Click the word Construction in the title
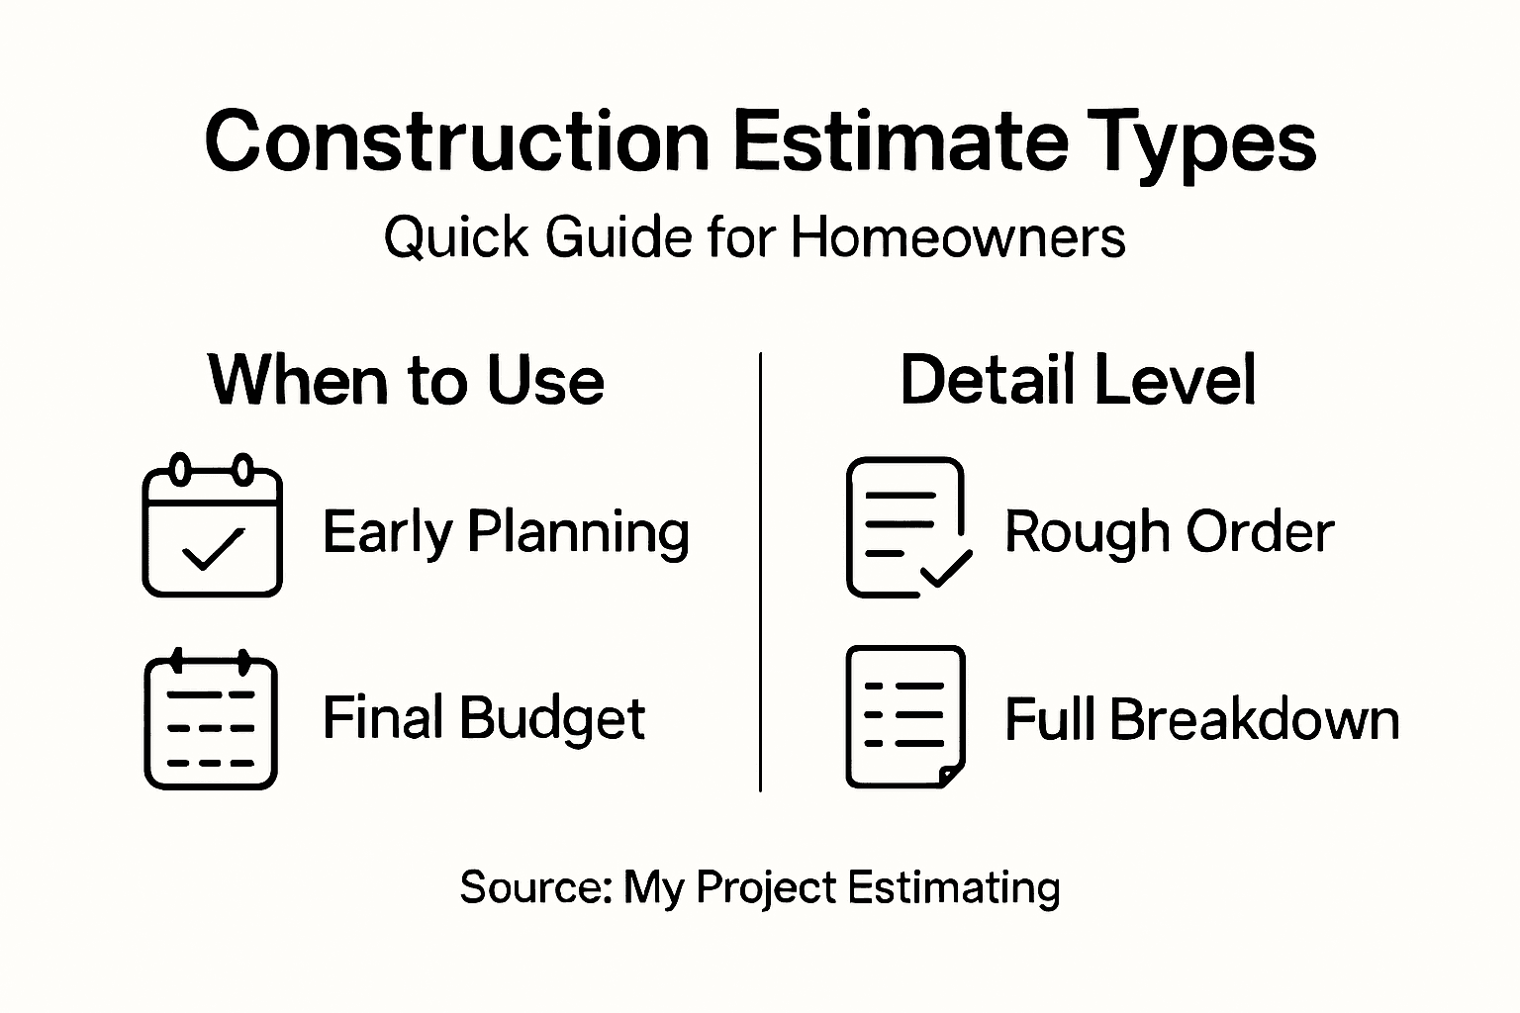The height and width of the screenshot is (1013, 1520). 457,141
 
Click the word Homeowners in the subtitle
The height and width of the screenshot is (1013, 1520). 958,237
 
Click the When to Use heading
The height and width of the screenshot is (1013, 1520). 406,381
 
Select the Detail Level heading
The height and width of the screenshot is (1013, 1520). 1078,380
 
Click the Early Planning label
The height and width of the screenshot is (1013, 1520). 506,532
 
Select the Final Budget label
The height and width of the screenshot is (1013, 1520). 484,718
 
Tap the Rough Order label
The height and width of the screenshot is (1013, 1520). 1169,532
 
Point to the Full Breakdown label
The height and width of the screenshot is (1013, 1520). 1201,719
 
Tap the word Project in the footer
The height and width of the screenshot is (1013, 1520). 766,887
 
